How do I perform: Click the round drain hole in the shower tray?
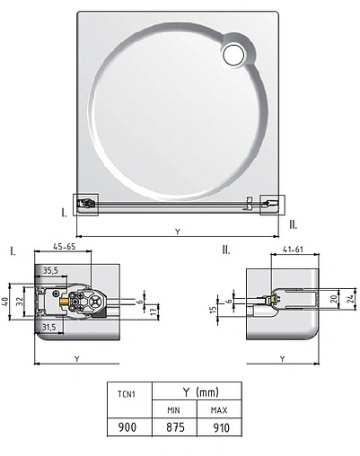(233, 55)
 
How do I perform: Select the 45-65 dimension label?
(65, 247)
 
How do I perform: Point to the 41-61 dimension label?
(293, 249)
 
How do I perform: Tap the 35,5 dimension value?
(50, 270)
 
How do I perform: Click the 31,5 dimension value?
(48, 327)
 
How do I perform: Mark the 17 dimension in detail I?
(154, 311)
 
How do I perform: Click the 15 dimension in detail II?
(213, 310)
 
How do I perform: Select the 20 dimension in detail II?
(335, 298)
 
